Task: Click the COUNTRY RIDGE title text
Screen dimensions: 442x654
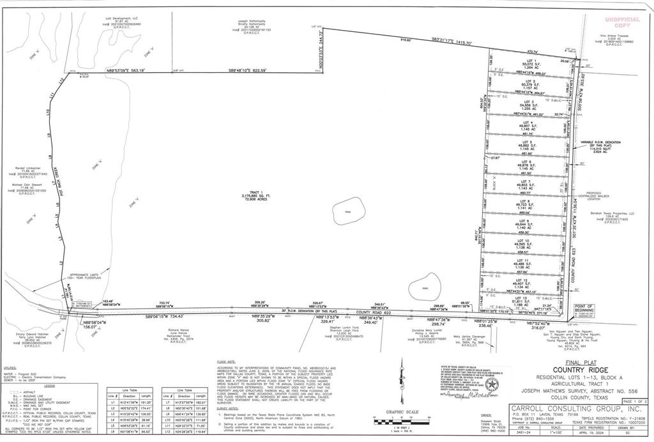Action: click(x=570, y=370)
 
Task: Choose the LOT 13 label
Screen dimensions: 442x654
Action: click(x=522, y=298)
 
